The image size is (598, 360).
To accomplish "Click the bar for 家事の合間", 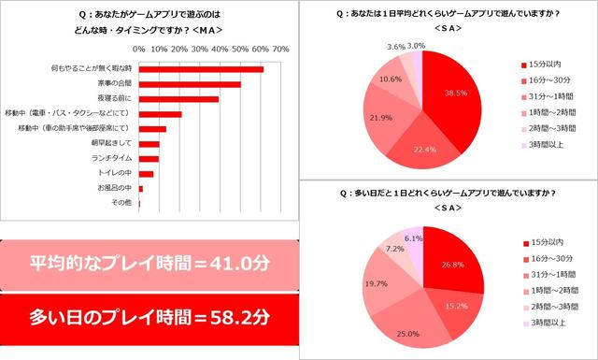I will tap(190, 84).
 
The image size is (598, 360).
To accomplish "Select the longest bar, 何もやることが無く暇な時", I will tap(201, 69).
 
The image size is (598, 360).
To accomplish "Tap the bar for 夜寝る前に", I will tap(178, 98).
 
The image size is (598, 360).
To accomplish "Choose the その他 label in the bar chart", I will tap(122, 202).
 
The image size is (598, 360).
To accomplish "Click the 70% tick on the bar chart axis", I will tap(279, 48).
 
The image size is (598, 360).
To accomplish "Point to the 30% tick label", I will tap(199, 48).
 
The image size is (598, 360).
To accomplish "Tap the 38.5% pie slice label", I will tap(455, 94).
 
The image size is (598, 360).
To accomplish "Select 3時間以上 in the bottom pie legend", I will tap(548, 324).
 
